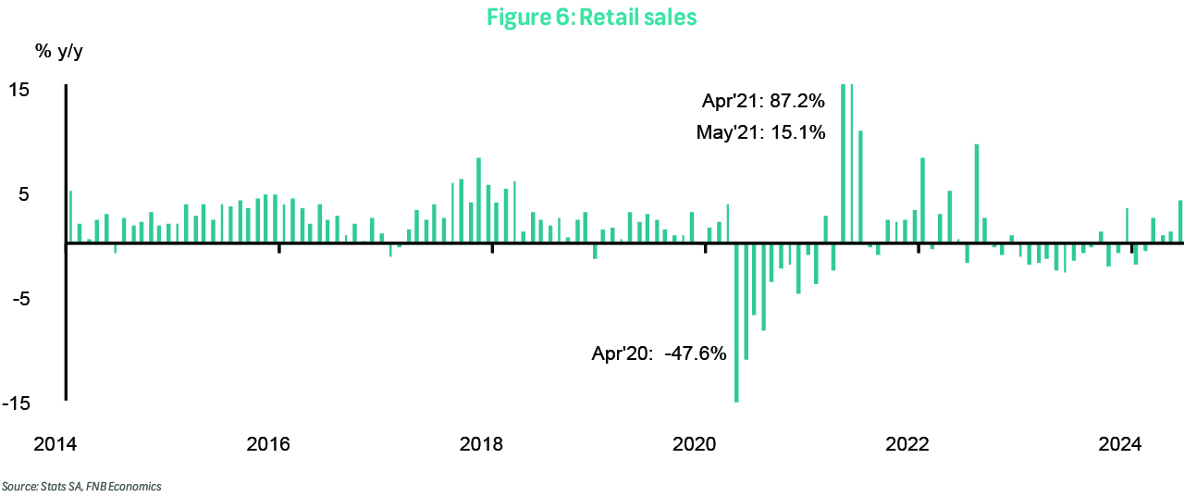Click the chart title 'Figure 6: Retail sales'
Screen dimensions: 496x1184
592,18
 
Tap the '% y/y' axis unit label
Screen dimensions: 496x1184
57,52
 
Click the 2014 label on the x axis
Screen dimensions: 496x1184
55,444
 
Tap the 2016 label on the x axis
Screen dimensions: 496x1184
268,444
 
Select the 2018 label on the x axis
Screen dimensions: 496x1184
481,444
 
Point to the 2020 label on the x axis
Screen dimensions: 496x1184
695,444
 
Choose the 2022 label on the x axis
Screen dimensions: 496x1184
907,444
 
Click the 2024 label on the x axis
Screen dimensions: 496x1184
1120,444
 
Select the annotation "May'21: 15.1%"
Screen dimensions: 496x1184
760,132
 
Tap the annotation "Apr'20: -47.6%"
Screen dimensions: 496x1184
660,353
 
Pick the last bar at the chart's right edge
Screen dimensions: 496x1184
1180,222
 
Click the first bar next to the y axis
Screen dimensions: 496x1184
71,217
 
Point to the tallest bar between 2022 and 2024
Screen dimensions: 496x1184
977,194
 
